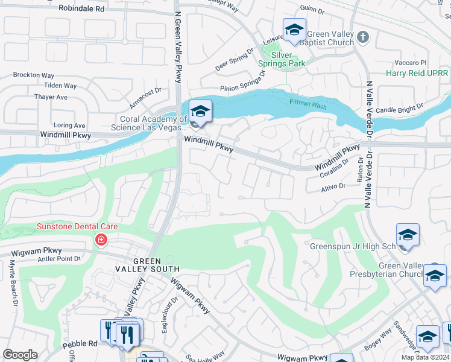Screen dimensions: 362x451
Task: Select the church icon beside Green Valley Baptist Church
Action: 362,37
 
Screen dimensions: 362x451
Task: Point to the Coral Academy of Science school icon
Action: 200,112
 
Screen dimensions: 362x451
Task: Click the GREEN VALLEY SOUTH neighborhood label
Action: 148,265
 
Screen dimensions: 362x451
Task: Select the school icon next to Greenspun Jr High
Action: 408,235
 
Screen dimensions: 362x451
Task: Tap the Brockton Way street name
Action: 34,75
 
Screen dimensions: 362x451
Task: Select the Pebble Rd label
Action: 80,344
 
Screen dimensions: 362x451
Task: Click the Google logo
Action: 20,355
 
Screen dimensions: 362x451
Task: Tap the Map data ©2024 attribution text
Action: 425,357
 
